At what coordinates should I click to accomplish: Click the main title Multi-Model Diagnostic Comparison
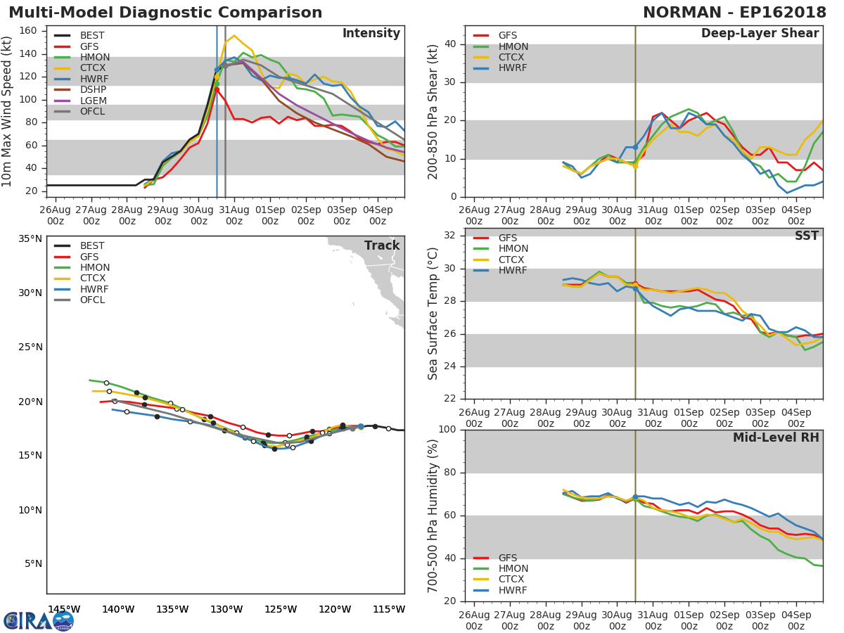(x=165, y=13)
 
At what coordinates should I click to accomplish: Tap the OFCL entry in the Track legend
(x=92, y=300)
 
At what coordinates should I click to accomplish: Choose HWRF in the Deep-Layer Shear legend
(x=512, y=68)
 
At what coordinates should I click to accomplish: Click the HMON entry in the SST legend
(x=513, y=249)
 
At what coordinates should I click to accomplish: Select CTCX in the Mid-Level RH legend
(x=512, y=580)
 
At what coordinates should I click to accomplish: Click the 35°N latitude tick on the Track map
(x=28, y=238)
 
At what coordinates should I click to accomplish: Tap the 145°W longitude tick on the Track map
(x=63, y=609)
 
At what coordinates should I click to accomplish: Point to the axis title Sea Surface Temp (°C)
(x=433, y=314)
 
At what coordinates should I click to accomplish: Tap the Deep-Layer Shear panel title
(x=760, y=34)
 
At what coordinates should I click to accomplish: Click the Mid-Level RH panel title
(x=776, y=438)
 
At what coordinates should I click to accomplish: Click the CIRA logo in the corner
(x=38, y=620)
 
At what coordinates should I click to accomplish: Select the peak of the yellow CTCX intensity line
(x=234, y=35)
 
